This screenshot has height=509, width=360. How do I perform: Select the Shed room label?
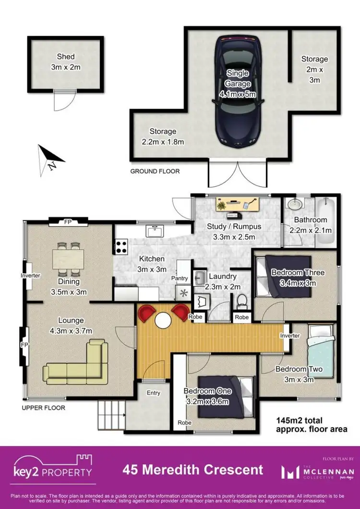pyautogui.click(x=66, y=62)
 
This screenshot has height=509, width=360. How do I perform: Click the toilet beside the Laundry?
pyautogui.click(x=242, y=301)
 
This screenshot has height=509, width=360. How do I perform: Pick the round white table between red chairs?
pyautogui.click(x=163, y=319)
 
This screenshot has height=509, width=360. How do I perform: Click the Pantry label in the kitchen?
pyautogui.click(x=180, y=278)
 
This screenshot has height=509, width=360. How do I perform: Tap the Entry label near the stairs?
pyautogui.click(x=154, y=393)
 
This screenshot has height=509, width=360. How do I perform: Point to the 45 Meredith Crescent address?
pyautogui.click(x=192, y=469)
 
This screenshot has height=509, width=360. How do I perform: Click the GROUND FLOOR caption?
pyautogui.click(x=155, y=171)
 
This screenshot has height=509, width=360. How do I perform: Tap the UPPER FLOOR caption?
pyautogui.click(x=43, y=408)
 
